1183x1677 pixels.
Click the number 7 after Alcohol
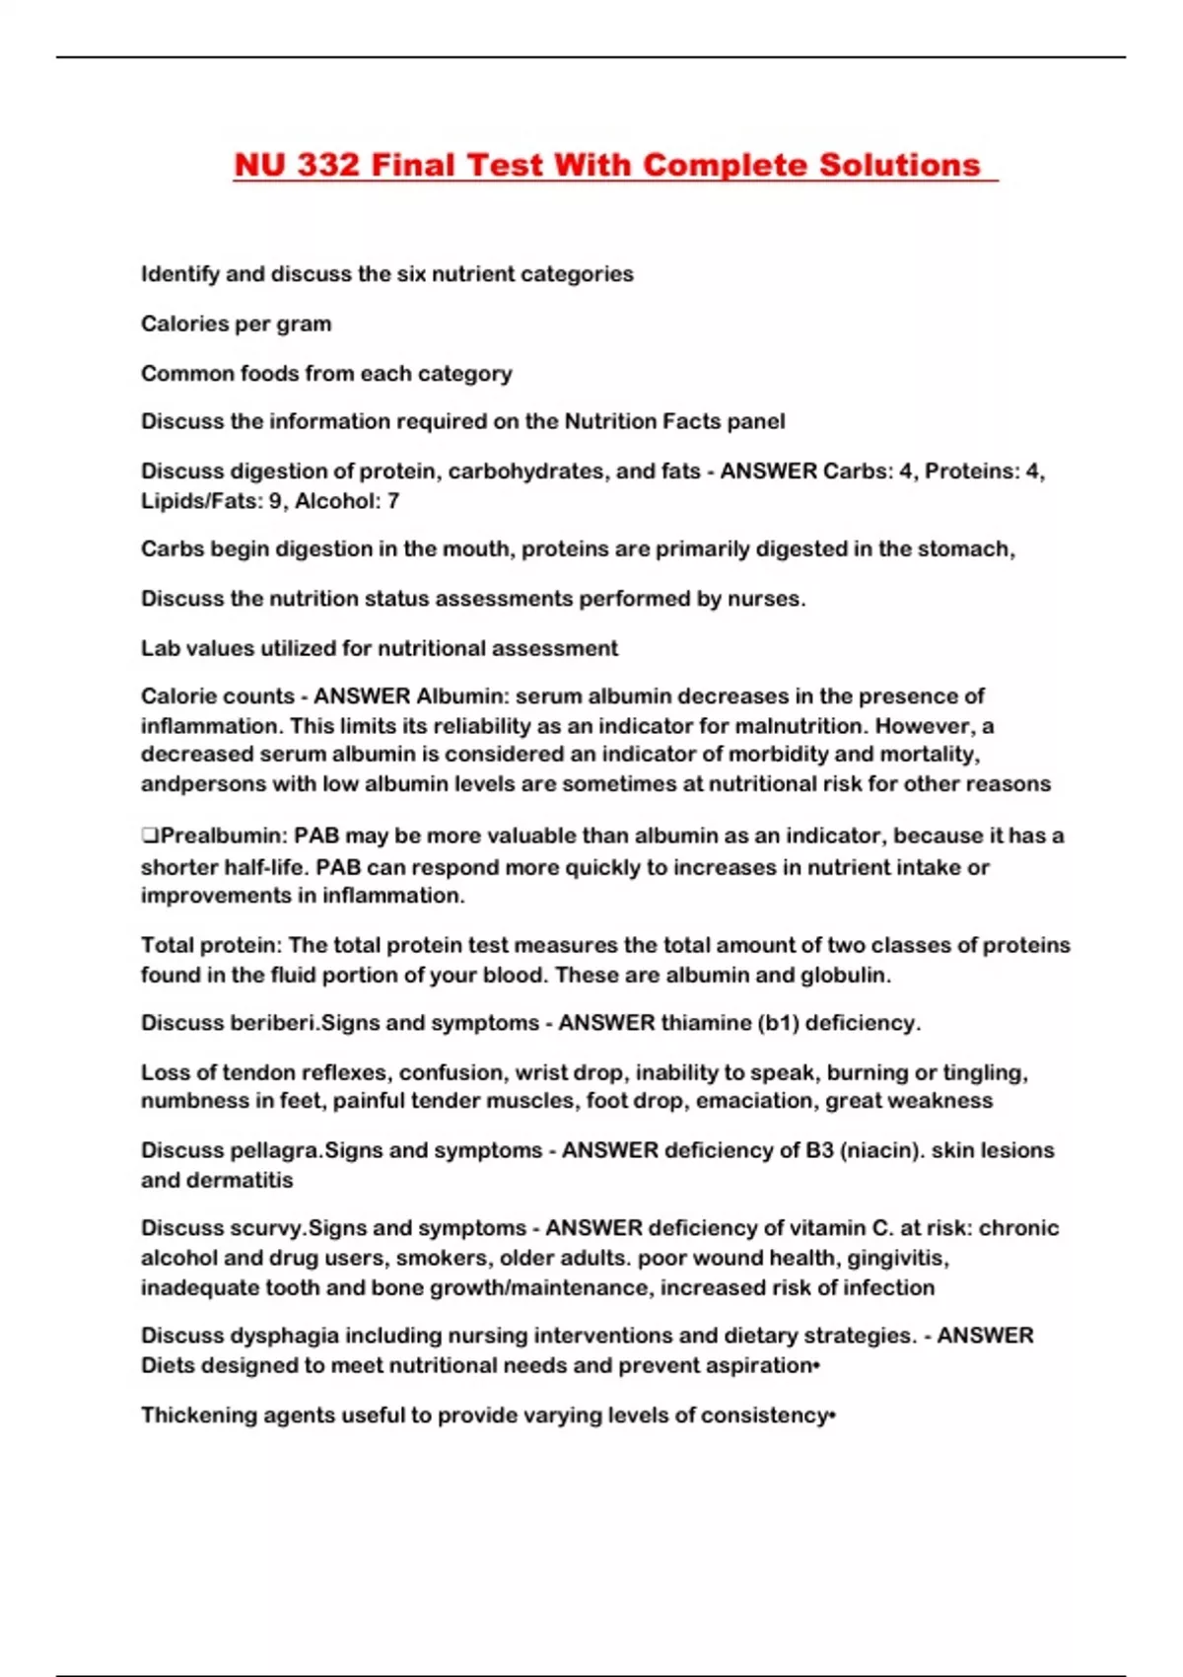click(x=393, y=501)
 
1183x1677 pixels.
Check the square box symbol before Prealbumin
click(x=150, y=836)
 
